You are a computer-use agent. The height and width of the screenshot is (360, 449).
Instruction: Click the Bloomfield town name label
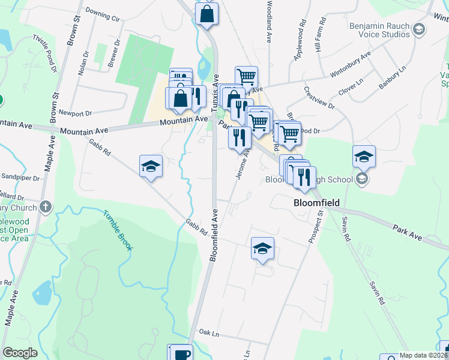point(316,203)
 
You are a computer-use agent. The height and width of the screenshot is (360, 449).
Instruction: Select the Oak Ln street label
point(207,332)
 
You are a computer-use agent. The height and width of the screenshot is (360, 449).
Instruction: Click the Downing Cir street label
point(103,15)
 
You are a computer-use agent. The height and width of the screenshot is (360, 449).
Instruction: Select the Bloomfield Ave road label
point(213,234)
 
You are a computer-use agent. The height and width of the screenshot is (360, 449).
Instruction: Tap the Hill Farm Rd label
point(321,35)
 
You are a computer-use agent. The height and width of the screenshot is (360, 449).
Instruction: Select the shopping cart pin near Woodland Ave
point(246,77)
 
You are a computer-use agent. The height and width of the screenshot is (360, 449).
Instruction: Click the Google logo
point(20,353)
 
